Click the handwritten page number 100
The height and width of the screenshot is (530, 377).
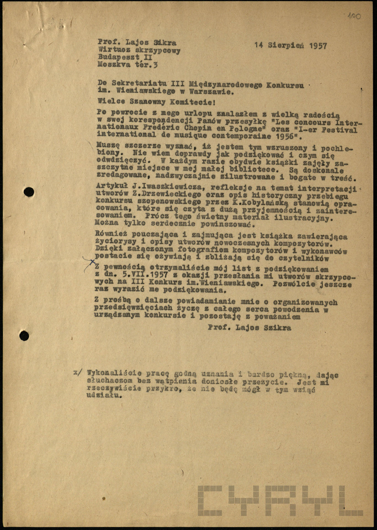(x=354, y=16)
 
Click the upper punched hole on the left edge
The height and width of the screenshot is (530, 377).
(x=29, y=192)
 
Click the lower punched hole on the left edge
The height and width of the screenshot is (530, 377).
(x=25, y=336)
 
